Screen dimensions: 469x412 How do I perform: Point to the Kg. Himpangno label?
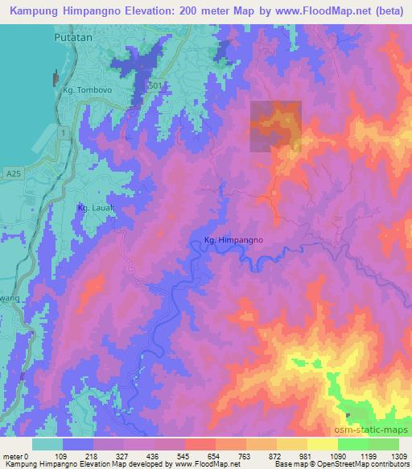tap(233, 239)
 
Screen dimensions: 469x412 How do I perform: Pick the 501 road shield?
tap(155, 85)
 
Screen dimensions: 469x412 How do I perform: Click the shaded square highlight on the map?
tap(275, 127)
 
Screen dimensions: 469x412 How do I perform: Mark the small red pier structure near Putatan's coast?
tap(55, 78)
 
